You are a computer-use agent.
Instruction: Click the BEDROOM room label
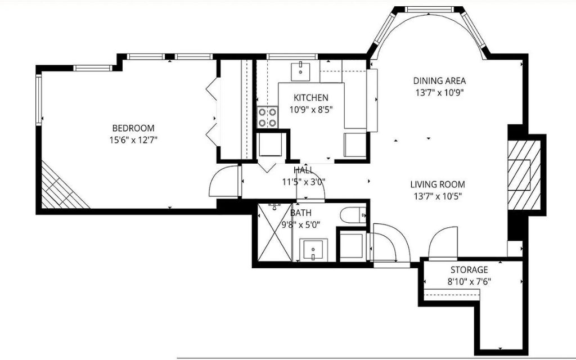tap(133, 128)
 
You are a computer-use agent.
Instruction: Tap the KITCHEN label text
tap(310, 98)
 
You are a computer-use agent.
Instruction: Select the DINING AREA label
tap(439, 81)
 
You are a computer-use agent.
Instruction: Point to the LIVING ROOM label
tap(438, 184)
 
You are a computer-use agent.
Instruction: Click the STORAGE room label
tap(469, 270)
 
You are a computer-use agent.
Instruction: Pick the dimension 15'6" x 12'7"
tap(133, 140)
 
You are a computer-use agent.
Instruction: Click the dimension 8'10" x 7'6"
tap(469, 282)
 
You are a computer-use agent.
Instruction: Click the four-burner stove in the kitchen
tap(267, 117)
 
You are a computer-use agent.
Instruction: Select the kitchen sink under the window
tap(300, 71)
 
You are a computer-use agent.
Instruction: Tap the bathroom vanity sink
tap(313, 250)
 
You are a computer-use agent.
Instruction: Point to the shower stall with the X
tap(274, 232)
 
